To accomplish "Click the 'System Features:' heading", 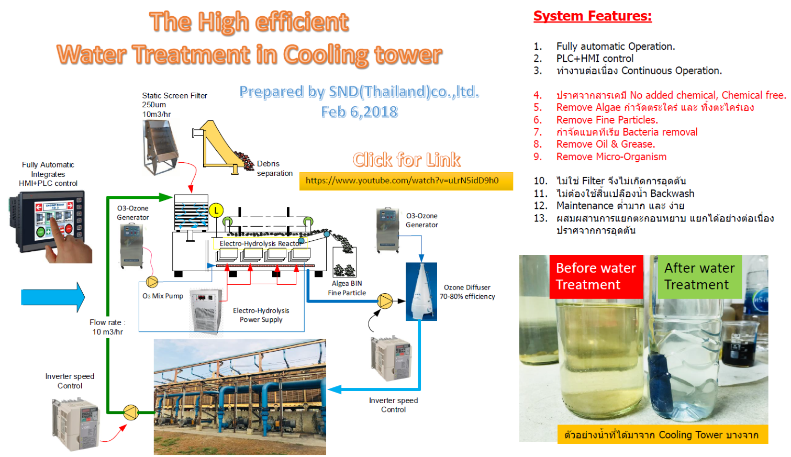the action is coord(592,16).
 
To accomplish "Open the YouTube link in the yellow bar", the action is coord(402,181).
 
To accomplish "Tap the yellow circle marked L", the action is coord(216,211).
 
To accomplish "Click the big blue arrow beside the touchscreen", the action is coord(53,297).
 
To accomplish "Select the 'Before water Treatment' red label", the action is coord(596,276).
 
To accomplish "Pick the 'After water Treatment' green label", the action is coord(700,276).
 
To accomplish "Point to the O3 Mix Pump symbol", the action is coord(152,282).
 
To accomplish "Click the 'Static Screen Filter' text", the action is coord(174,96).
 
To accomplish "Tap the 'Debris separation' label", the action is coord(274,169).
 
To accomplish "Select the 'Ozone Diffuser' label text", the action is coord(467,287).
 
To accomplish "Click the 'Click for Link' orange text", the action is coord(406,160).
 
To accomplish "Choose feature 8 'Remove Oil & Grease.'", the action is coord(606,144).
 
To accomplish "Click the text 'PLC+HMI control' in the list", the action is coord(595,58).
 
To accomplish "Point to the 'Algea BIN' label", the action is coord(347,283).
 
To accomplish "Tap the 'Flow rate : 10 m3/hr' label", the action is coord(107,327).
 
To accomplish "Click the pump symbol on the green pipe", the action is coord(131,412).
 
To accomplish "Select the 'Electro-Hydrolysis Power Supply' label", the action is coord(261,315).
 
